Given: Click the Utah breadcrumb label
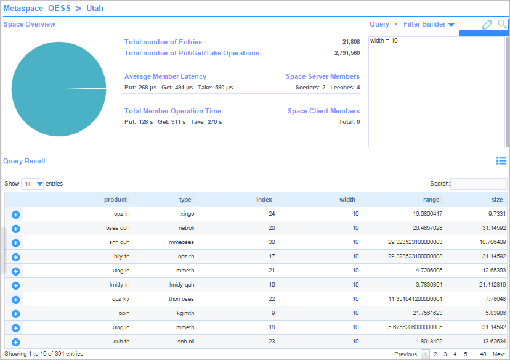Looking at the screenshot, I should (x=95, y=9).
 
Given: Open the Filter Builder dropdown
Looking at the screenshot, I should (x=429, y=24).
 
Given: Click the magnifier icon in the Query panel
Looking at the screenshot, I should (x=503, y=24).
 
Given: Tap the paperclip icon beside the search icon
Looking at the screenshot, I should (x=487, y=25).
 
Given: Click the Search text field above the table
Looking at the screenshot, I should (x=479, y=184).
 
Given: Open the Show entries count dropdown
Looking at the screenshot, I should (x=33, y=184).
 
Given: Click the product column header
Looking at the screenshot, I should (x=115, y=199).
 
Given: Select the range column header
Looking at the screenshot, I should (x=431, y=199).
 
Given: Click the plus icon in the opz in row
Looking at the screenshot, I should (x=16, y=214).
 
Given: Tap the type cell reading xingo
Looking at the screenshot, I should (x=187, y=214).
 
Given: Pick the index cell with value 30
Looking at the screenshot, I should (x=272, y=242).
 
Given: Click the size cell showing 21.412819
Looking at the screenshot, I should (x=492, y=285).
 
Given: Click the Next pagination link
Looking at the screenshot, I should (x=499, y=354).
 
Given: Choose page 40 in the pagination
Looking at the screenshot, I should (x=483, y=354).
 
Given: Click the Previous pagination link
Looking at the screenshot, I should (x=405, y=354).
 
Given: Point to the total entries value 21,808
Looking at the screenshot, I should (x=351, y=42).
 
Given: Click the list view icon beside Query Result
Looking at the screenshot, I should (x=501, y=161).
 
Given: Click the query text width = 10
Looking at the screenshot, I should (x=384, y=41).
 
